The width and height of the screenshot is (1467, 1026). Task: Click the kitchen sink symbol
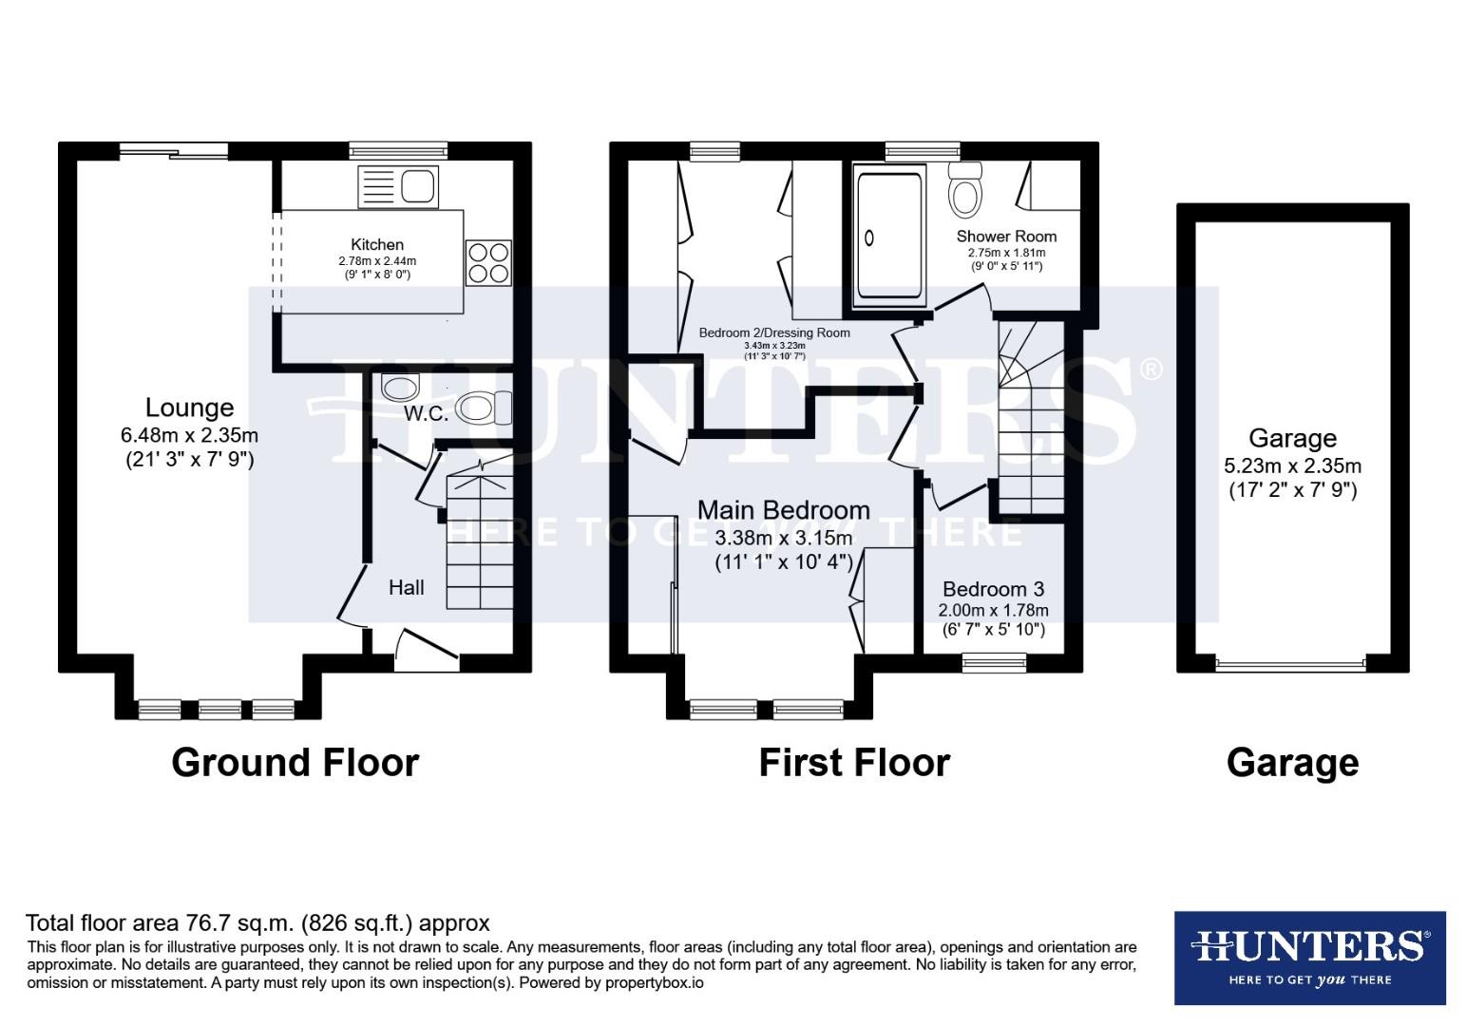pyautogui.click(x=397, y=186)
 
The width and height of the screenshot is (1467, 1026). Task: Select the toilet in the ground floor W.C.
pyautogui.click(x=483, y=408)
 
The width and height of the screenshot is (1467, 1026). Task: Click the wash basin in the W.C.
pyautogui.click(x=400, y=387)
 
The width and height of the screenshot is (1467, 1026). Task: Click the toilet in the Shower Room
pyautogui.click(x=966, y=191)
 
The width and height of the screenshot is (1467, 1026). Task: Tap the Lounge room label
pyautogui.click(x=189, y=408)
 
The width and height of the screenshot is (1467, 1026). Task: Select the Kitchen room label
pyautogui.click(x=377, y=244)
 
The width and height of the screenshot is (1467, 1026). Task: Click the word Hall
pyautogui.click(x=406, y=587)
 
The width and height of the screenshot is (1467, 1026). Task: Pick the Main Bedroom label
pyautogui.click(x=783, y=511)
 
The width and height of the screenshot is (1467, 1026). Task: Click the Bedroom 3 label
pyautogui.click(x=993, y=589)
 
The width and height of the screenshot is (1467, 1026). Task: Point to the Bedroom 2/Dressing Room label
pyautogui.click(x=773, y=332)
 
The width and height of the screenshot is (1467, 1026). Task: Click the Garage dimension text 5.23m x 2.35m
pyautogui.click(x=1292, y=465)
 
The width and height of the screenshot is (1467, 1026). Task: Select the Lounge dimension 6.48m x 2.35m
pyautogui.click(x=189, y=436)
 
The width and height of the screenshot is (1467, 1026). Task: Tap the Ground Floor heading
pyautogui.click(x=295, y=763)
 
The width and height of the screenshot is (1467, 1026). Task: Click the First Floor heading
pyautogui.click(x=853, y=763)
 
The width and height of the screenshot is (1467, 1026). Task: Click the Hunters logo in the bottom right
pyautogui.click(x=1309, y=958)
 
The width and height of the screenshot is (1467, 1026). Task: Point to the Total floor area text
pyautogui.click(x=257, y=922)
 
